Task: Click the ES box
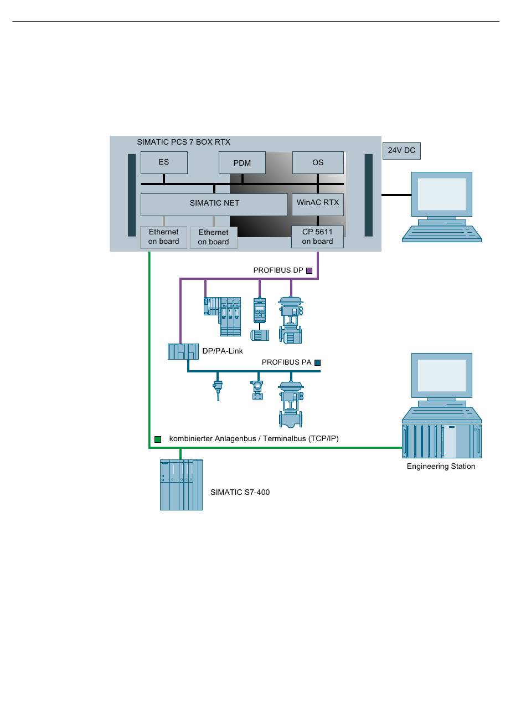(x=164, y=162)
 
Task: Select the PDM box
(x=242, y=163)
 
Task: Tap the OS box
(x=318, y=162)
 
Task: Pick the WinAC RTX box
(x=318, y=203)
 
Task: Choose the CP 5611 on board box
(x=317, y=237)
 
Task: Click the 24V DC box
(x=401, y=150)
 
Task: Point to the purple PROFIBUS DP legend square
(x=310, y=271)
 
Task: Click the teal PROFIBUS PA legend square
(x=318, y=363)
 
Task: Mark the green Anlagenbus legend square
(x=158, y=439)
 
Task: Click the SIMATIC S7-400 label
(x=240, y=492)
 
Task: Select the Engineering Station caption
(x=441, y=467)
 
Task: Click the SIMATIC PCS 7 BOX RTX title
(x=183, y=142)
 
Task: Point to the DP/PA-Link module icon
(x=183, y=351)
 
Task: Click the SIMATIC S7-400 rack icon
(x=181, y=485)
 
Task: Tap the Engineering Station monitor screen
(x=441, y=376)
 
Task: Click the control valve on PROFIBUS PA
(x=291, y=403)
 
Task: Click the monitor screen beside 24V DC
(x=441, y=194)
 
